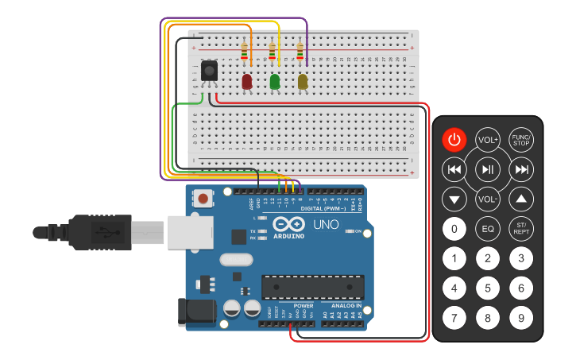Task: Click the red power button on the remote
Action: (454, 140)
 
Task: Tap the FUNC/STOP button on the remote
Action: (521, 140)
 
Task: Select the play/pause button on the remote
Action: (487, 168)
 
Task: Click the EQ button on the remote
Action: (487, 230)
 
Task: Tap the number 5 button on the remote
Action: (487, 288)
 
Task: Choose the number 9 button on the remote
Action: (521, 319)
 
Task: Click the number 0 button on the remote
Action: (454, 230)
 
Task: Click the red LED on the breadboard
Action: (247, 81)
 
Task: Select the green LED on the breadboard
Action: (275, 81)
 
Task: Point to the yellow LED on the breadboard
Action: (303, 81)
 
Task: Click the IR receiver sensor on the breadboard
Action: (209, 72)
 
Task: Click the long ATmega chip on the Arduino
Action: (313, 287)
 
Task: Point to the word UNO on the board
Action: (326, 225)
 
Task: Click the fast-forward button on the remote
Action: (521, 168)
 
